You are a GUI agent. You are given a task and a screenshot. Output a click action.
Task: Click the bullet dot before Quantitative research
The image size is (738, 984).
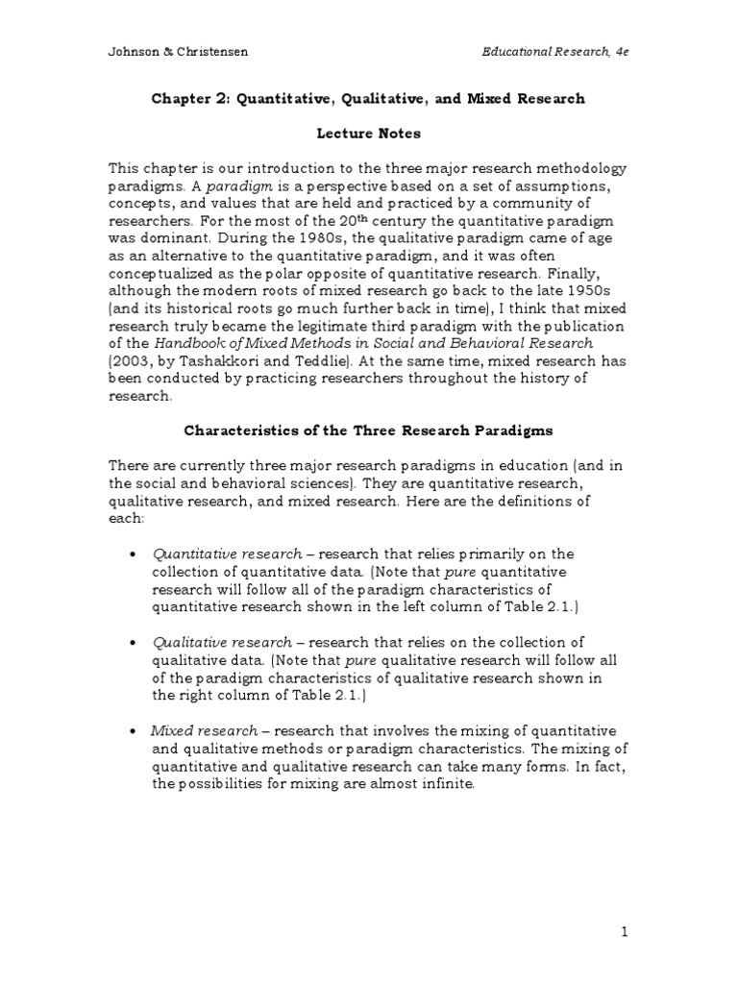pyautogui.click(x=130, y=554)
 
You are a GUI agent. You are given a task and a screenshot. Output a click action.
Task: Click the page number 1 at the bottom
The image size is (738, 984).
pyautogui.click(x=624, y=931)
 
